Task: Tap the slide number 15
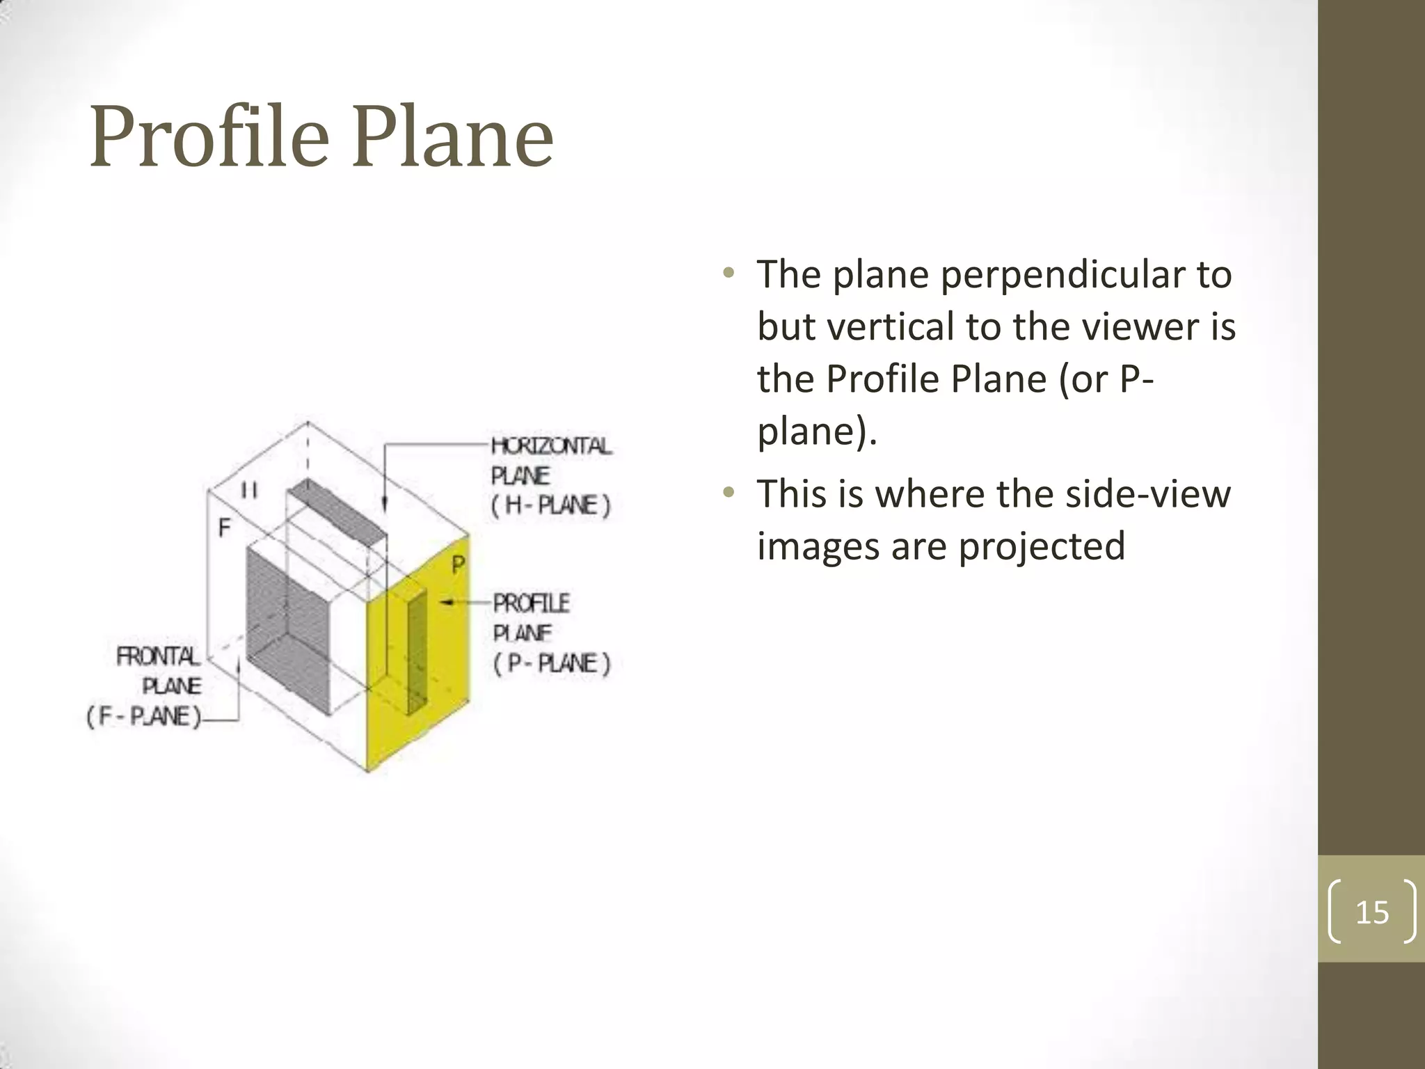(1372, 912)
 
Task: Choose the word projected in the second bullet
(1042, 546)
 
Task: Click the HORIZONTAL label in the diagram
(551, 446)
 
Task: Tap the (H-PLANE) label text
(550, 505)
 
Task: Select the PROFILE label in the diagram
(532, 603)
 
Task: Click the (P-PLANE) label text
(552, 663)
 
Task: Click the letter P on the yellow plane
(458, 564)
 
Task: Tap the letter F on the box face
(224, 528)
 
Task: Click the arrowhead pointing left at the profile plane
(446, 602)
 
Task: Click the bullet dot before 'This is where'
(729, 493)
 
